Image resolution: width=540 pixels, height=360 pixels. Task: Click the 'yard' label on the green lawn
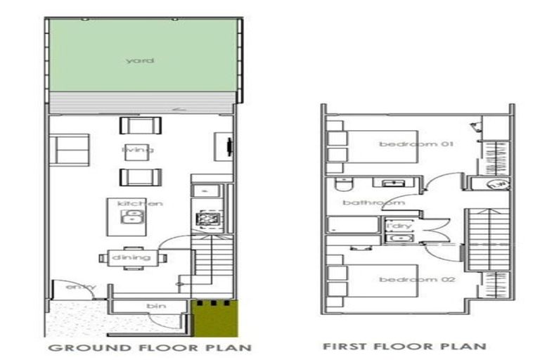(140, 61)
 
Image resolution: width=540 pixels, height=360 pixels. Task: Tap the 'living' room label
(138, 150)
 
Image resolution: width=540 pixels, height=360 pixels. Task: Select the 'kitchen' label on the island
(140, 203)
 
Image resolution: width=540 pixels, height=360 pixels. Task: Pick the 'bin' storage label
(155, 307)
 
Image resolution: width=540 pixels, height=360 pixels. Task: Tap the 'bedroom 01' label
(406, 144)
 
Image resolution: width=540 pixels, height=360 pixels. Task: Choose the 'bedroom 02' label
(407, 279)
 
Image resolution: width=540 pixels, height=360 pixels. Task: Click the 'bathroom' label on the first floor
(364, 202)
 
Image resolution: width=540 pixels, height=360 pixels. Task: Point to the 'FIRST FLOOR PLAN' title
(404, 346)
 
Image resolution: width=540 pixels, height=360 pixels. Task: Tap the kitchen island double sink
(131, 217)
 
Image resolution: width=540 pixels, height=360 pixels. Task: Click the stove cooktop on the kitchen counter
(206, 219)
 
